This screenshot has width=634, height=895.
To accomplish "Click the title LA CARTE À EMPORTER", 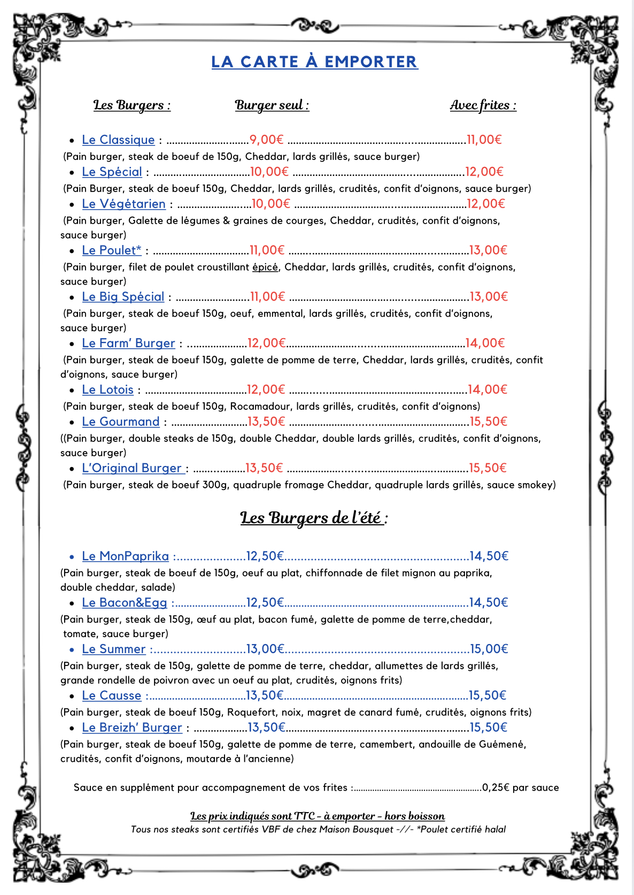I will tap(314, 62).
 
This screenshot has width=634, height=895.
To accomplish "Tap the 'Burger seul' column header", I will tap(272, 105).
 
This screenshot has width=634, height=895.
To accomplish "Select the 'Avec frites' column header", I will tap(483, 105).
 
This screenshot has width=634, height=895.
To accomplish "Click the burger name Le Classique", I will tap(118, 140).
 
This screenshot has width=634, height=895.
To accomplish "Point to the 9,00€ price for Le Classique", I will tap(266, 140).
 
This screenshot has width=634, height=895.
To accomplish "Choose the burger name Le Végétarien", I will tap(123, 204).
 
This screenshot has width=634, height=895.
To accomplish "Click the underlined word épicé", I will tap(265, 267).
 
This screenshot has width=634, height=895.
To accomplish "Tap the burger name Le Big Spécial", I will tap(123, 297).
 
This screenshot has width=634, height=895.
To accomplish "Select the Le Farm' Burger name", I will tap(128, 343).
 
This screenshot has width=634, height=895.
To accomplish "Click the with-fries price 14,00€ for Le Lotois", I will tap(487, 390).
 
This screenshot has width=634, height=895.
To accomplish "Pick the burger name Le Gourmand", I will tap(121, 422).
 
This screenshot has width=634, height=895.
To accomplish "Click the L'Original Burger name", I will tap(132, 469).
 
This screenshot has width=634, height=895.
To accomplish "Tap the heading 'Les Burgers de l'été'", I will tap(314, 518).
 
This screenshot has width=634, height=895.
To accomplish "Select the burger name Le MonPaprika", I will tap(125, 556).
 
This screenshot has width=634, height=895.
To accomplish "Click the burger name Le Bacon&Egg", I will tap(125, 603).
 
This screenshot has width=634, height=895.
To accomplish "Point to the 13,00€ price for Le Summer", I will tap(265, 649).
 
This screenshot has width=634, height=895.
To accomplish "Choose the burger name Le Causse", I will tap(112, 696).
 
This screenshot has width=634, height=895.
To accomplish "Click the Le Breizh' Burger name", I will tap(132, 728).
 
